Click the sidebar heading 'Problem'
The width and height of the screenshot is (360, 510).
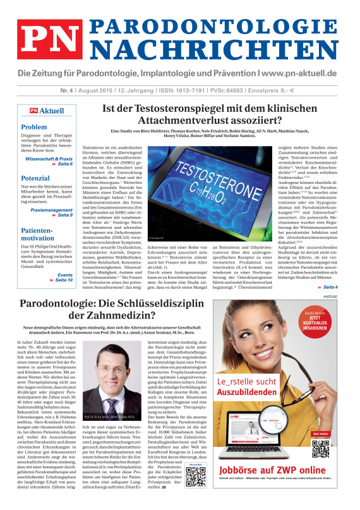(x=34, y=127)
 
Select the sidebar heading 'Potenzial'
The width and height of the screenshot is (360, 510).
(x=36, y=179)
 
